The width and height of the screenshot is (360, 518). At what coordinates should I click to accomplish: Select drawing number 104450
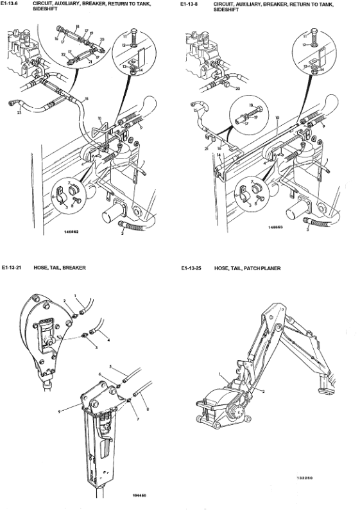pyautogui.click(x=139, y=495)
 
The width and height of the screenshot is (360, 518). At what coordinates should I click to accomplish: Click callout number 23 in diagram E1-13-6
pyautogui.click(x=19, y=113)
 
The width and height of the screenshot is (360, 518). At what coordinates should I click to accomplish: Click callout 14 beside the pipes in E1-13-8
pyautogui.click(x=219, y=155)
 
